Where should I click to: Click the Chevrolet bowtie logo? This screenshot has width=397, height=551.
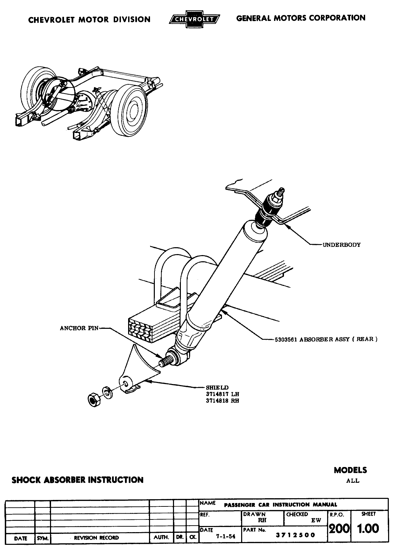tap(194, 20)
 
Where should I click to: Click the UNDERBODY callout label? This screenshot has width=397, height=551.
tap(342, 245)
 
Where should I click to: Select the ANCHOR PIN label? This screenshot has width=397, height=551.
tap(79, 328)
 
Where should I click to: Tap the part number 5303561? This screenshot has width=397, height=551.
tap(286, 339)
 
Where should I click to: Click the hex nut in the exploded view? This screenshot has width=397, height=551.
tap(94, 399)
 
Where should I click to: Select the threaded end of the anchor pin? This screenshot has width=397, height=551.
tap(166, 360)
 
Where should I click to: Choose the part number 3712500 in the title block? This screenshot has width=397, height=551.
tap(296, 535)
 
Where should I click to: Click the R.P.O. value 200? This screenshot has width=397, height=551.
tap(339, 529)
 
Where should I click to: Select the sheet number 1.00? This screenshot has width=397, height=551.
tap(368, 529)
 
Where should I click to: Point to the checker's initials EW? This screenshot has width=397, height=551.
tap(316, 520)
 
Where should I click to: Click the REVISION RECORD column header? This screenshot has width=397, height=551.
tap(96, 538)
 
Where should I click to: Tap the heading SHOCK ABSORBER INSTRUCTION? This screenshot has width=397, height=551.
tap(77, 480)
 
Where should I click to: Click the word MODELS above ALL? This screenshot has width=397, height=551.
tap(350, 470)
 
